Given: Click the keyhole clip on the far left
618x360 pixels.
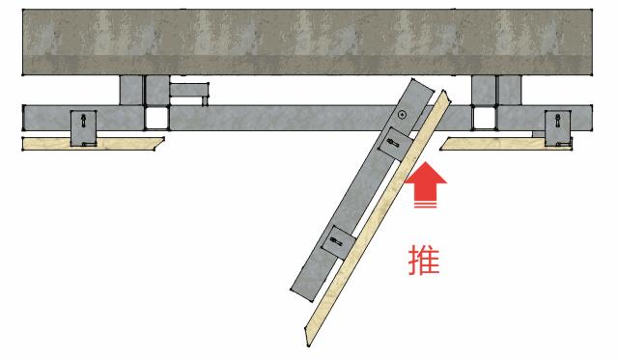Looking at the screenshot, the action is pos(85,125).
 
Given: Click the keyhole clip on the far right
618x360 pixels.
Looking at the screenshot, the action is pos(557,125).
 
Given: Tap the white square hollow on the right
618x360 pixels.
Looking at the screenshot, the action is pos(482,118).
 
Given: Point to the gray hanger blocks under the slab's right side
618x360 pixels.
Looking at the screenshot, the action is pos(494,90).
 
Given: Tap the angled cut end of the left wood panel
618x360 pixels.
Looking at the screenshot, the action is pos(159,145).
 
